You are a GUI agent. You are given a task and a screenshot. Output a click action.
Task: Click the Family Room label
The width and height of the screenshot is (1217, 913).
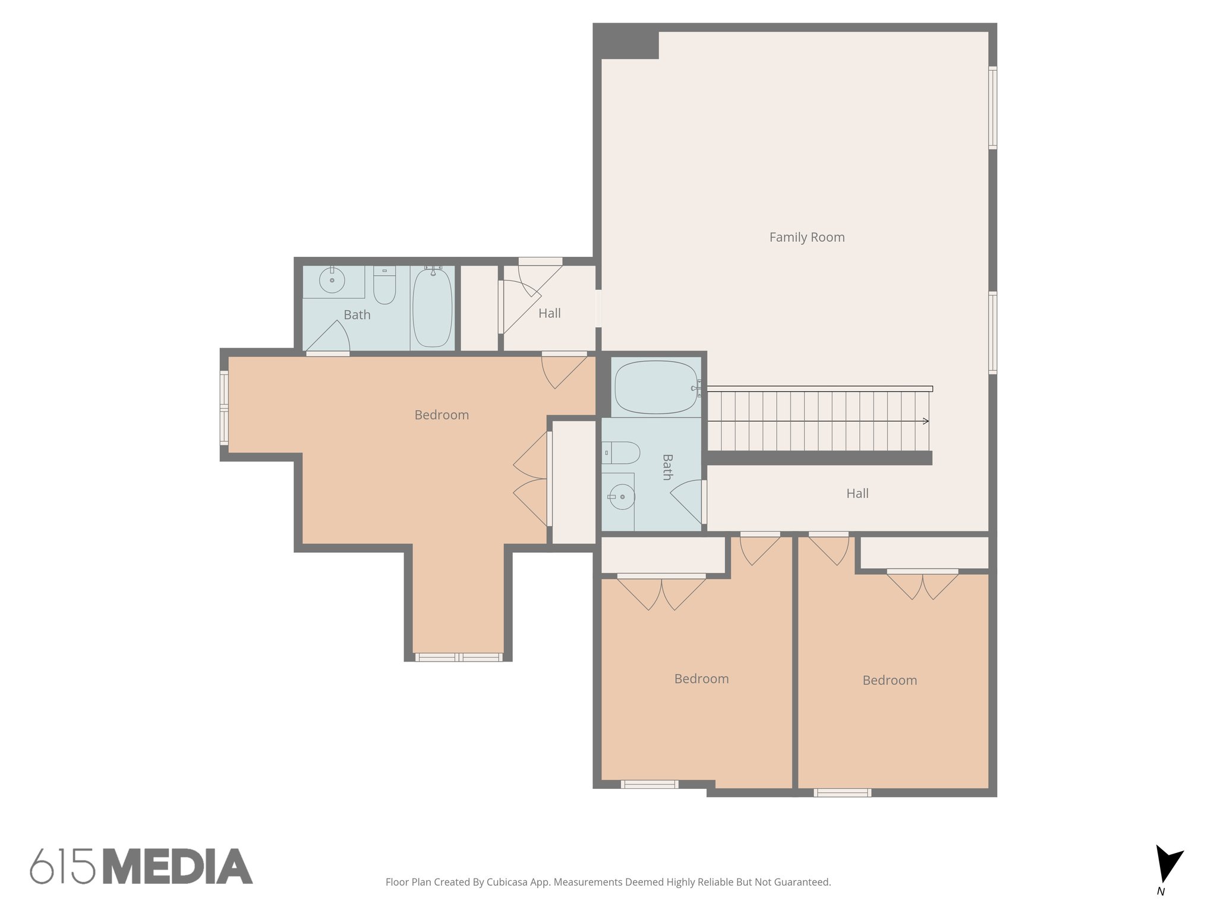806,237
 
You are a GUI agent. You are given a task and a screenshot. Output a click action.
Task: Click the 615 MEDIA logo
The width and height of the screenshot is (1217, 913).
141,866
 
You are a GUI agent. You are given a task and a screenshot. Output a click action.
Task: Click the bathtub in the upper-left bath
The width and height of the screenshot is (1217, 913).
432,307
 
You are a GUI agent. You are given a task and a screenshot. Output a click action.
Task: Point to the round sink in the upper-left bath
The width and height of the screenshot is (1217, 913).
332,280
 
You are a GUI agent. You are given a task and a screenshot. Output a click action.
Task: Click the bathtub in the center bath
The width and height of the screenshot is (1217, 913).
655,388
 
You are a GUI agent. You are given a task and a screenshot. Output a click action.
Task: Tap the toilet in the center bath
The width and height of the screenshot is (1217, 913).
622,453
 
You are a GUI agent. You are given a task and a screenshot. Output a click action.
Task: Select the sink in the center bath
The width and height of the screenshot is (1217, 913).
622,497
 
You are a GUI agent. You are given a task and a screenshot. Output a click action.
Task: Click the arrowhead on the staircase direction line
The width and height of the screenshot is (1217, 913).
925,421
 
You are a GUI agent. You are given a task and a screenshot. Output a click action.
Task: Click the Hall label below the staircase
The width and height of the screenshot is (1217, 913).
857,493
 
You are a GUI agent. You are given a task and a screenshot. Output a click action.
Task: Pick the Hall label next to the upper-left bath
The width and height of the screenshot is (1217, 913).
549,313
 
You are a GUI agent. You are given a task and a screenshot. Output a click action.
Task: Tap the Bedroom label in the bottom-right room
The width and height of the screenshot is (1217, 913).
889,681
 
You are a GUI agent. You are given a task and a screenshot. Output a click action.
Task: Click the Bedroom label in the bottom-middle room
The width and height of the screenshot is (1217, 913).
701,679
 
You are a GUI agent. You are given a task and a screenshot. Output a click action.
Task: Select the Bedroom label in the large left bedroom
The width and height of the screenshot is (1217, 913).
442,415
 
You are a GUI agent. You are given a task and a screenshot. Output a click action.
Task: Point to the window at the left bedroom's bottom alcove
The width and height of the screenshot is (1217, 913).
459,657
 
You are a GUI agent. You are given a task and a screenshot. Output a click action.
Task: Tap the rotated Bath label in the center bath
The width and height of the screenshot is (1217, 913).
667,467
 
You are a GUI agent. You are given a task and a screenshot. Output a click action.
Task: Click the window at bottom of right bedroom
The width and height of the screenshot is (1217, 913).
842,792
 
